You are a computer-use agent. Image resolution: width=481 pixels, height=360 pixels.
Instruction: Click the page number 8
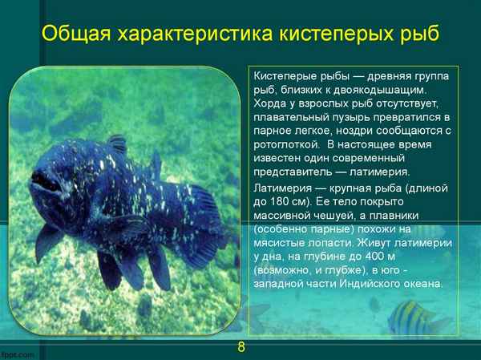(240, 347)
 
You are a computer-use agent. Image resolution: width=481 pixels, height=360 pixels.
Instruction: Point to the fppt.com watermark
(17, 354)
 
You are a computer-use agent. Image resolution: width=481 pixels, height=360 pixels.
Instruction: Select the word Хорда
(269, 103)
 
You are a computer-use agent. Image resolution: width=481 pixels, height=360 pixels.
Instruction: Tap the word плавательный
(290, 116)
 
